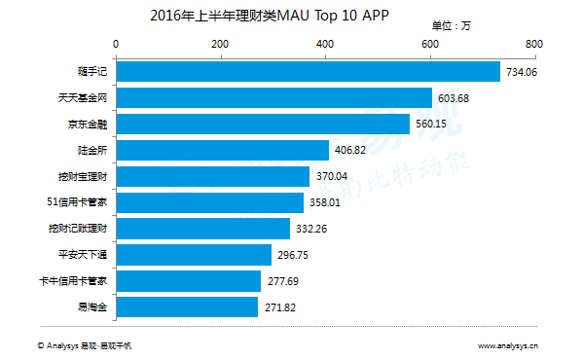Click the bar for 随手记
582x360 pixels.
pyautogui.click(x=308, y=71)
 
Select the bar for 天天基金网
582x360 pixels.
pyautogui.click(x=274, y=97)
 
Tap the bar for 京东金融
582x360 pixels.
pyautogui.click(x=263, y=124)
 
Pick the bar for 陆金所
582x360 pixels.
pyautogui.click(x=223, y=150)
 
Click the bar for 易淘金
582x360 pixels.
pyautogui.click(x=188, y=307)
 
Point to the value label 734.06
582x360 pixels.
pyautogui.click(x=521, y=72)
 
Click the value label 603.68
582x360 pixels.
pyautogui.click(x=455, y=98)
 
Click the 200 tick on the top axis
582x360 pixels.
pyautogui.click(x=220, y=44)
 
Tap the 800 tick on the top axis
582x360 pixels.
pyautogui.click(x=532, y=44)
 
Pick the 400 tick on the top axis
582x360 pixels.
pyautogui.click(x=324, y=44)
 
